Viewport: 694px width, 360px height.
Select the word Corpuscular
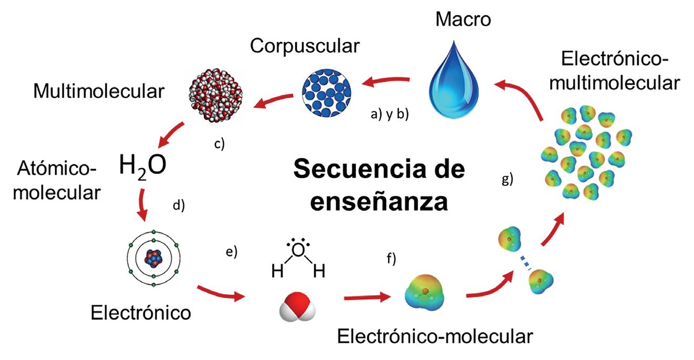[305, 46]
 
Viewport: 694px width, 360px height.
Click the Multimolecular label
[99, 91]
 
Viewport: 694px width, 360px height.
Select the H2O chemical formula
[143, 166]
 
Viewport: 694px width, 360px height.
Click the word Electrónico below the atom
[140, 313]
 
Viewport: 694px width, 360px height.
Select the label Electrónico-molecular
[436, 336]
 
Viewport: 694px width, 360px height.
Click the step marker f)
[391, 258]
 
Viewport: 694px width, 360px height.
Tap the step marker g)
[507, 179]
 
